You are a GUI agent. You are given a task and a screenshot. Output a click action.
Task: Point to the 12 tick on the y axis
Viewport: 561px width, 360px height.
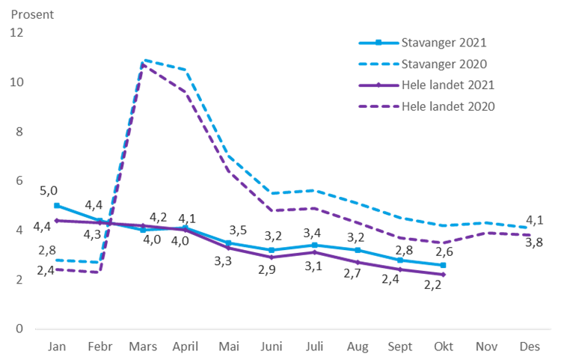pyautogui.click(x=16, y=33)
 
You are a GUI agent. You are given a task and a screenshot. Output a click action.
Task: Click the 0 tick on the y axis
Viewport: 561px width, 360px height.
pyautogui.click(x=19, y=329)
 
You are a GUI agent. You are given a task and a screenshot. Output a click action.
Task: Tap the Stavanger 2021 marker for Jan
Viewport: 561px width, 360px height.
pyautogui.click(x=56, y=205)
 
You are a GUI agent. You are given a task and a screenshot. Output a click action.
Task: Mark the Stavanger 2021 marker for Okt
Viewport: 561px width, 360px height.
pyautogui.click(x=444, y=265)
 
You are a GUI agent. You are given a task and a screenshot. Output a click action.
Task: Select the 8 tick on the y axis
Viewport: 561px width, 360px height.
pyautogui.click(x=19, y=131)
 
